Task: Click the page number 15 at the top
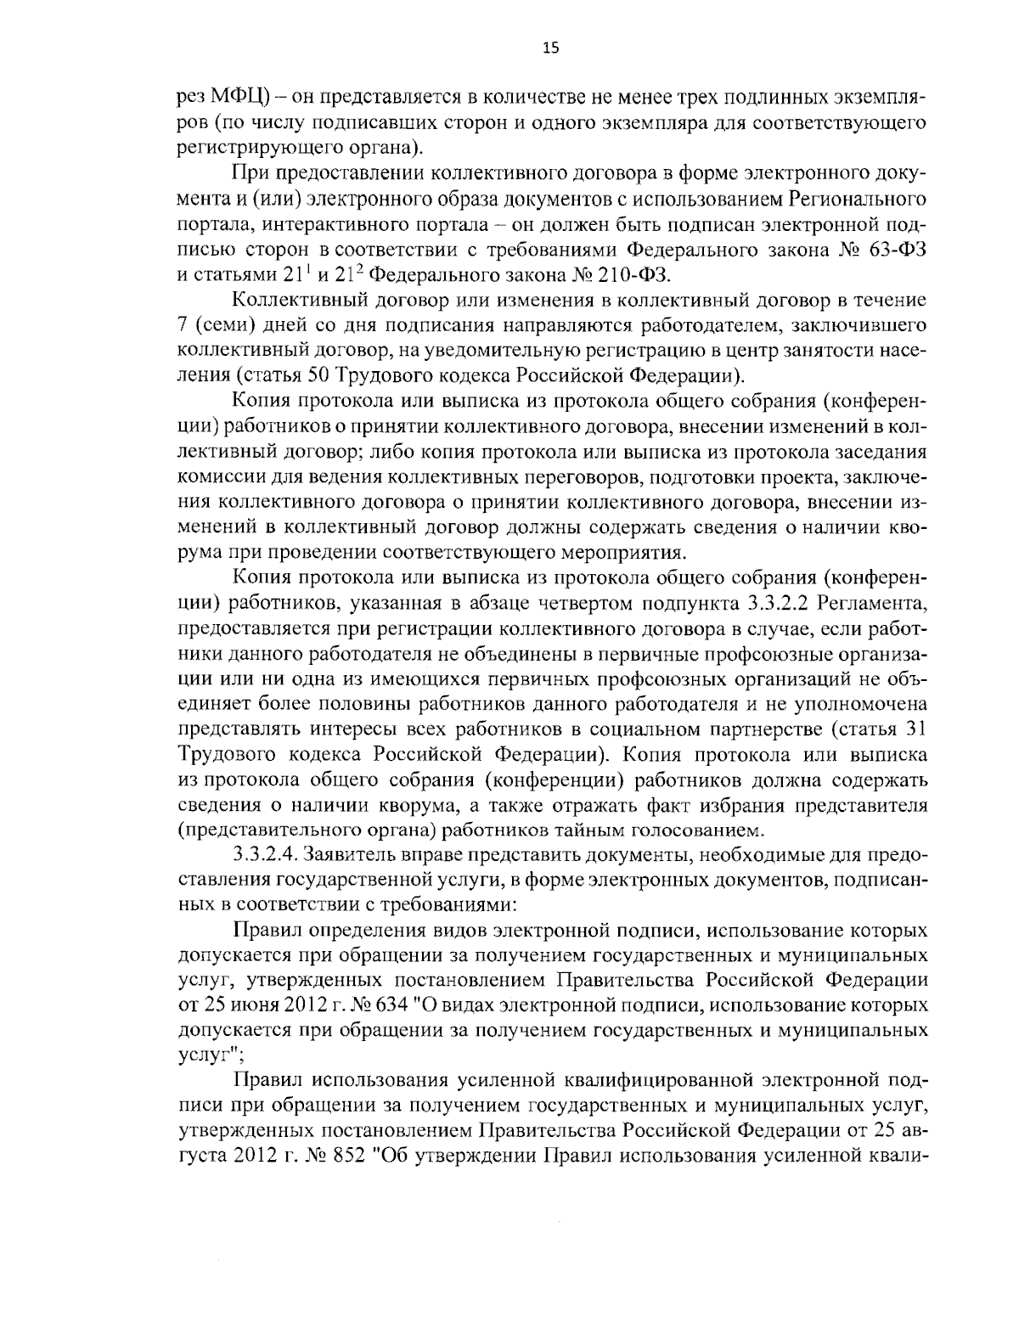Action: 549,48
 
